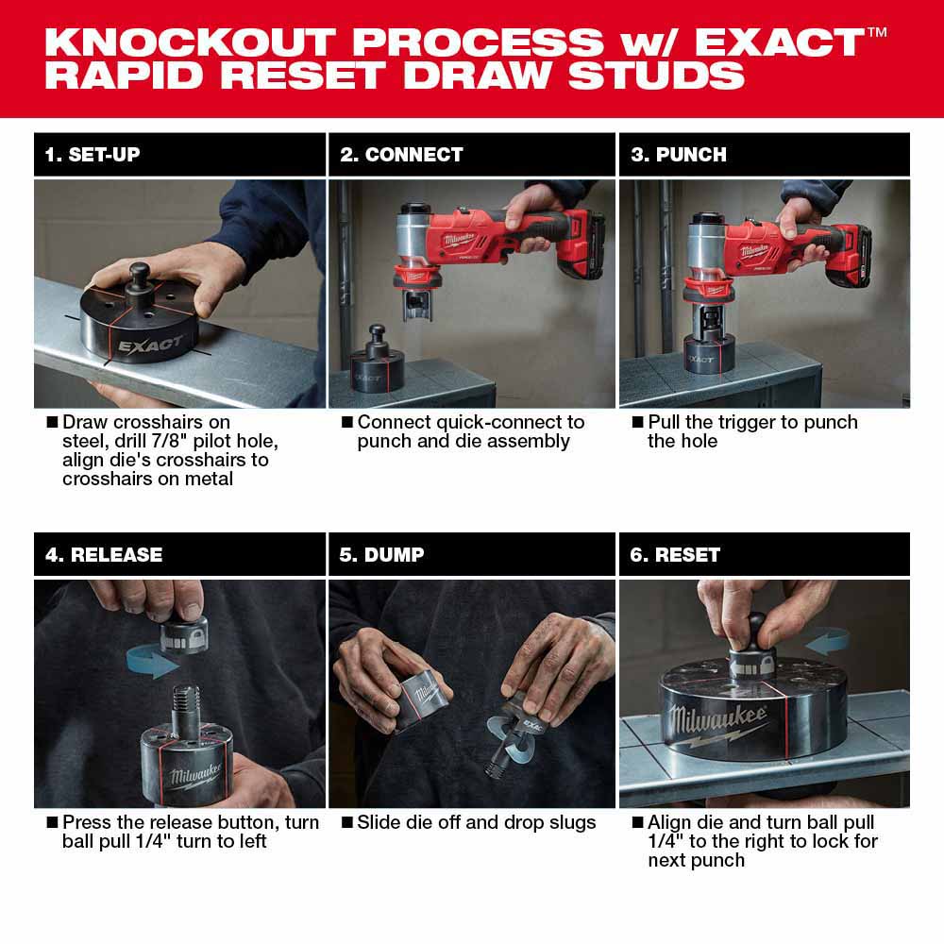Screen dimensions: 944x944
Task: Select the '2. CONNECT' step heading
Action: [401, 155]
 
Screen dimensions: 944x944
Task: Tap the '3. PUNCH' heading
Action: [679, 155]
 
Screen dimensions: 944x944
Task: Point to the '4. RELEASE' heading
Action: [104, 555]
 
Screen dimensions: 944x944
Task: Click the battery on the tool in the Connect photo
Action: [582, 247]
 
